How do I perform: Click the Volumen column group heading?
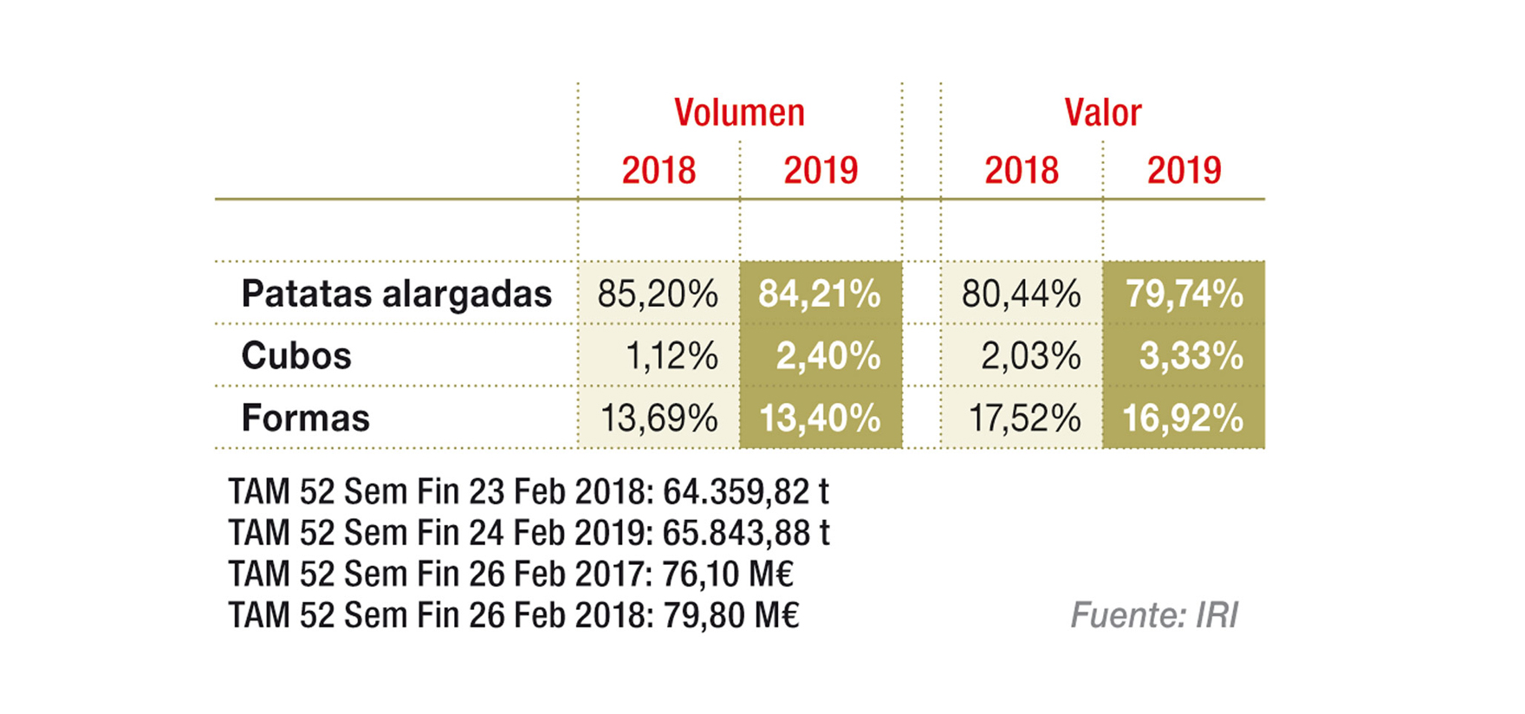click(739, 113)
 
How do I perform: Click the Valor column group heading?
click(1102, 113)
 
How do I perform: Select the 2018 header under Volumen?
click(659, 170)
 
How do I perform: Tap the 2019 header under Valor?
click(1184, 170)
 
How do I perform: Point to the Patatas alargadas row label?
click(396, 294)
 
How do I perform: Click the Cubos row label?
click(296, 355)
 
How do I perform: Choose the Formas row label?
click(305, 418)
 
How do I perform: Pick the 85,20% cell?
click(658, 294)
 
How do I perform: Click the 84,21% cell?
click(820, 294)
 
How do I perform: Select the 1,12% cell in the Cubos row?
click(671, 355)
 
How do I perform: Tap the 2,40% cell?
click(828, 355)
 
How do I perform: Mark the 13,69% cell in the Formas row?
click(659, 419)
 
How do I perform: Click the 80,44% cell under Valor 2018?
click(1021, 294)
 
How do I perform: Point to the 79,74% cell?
click(1184, 294)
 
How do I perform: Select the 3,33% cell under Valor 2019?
click(1191, 355)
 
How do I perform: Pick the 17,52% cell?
click(1023, 419)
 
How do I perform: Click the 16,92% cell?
click(1183, 419)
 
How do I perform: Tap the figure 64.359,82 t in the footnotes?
click(745, 491)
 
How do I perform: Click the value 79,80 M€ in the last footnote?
click(730, 615)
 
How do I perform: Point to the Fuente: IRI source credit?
click(1154, 615)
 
